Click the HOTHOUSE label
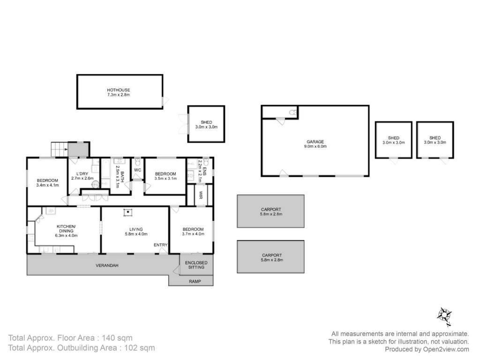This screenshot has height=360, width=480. tap(119, 90)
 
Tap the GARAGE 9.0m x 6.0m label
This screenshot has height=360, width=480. tap(315, 144)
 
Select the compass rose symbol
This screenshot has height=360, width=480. tap(444, 316)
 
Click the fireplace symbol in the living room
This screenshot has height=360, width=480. tap(128, 212)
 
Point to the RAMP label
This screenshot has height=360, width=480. tap(195, 281)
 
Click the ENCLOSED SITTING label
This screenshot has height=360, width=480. tap(196, 265)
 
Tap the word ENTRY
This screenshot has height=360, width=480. tap(160, 245)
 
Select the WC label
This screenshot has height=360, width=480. tap(138, 170)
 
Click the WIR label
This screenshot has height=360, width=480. tap(201, 195)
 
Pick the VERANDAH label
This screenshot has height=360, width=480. tap(107, 265)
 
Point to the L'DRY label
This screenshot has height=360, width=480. tap(82, 173)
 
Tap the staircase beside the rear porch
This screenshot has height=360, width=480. tap(59, 150)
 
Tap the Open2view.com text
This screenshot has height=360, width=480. tap(446, 349)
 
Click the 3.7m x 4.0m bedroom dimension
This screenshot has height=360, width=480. tap(193, 234)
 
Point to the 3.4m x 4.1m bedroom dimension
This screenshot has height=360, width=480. tap(47, 185)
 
